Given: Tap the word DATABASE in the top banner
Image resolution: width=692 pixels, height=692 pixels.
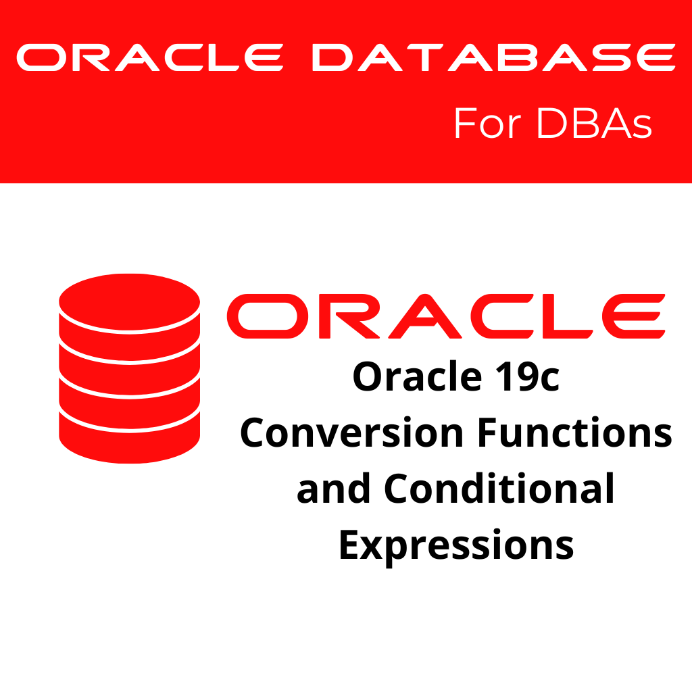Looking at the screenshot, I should click(x=493, y=59).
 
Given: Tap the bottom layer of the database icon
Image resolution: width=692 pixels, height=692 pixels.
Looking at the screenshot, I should click(x=129, y=439).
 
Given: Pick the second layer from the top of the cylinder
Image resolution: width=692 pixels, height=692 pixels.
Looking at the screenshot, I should click(x=129, y=345).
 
